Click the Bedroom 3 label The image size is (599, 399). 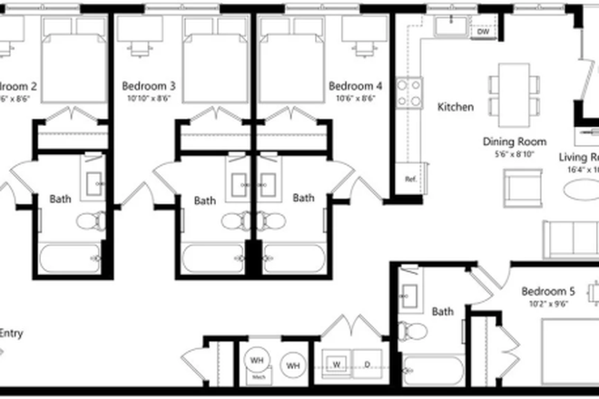[x=148, y=86]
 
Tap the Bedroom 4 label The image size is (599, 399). [x=354, y=86]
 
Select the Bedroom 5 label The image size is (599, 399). [x=548, y=292]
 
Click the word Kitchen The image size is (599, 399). [x=456, y=107]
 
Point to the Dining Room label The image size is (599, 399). [x=515, y=141]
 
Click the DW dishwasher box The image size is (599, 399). [x=483, y=32]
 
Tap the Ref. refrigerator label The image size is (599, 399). [x=409, y=178]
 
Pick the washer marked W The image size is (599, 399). [x=338, y=365]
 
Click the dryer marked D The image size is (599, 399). [x=368, y=365]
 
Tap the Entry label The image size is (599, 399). [x=10, y=333]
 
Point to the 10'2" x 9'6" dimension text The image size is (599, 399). [x=548, y=305]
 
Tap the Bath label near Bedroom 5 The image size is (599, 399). [x=443, y=312]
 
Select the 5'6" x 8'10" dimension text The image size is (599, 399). [x=515, y=153]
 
